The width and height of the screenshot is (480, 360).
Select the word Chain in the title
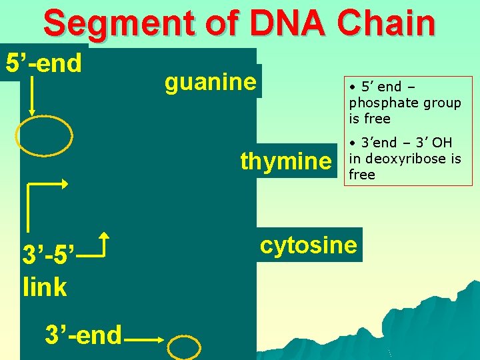[x=386, y=23]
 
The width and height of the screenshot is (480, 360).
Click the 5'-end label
[x=44, y=63]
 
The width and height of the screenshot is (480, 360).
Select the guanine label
[x=210, y=82]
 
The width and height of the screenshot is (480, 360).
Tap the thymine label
[x=285, y=161]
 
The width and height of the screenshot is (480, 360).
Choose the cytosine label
[x=309, y=245]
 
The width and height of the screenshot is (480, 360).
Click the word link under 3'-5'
[x=45, y=287]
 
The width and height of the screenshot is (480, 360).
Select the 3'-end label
[x=83, y=335]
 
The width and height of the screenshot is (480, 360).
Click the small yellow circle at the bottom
[x=184, y=347]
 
